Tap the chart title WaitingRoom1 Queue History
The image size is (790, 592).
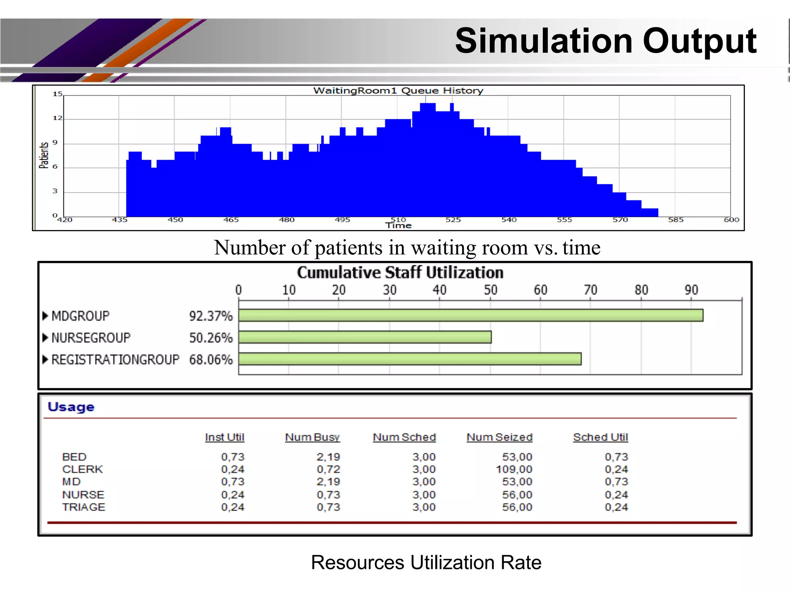398,91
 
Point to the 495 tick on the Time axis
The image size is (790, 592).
342,220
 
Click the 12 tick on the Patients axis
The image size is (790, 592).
57,118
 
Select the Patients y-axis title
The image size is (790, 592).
44,155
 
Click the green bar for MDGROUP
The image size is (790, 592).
471,315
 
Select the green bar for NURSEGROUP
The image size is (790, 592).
365,337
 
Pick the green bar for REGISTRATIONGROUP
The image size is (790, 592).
410,359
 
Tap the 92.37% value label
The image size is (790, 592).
211,316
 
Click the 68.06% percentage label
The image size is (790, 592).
211,360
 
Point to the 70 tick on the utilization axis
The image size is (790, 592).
590,290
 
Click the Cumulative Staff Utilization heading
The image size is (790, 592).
400,272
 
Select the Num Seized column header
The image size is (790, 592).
499,437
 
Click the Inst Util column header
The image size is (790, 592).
225,437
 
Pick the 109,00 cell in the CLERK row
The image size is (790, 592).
514,469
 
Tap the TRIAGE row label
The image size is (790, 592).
84,507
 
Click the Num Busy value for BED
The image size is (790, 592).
328,457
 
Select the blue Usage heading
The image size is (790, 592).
71,407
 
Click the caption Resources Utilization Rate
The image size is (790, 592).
426,562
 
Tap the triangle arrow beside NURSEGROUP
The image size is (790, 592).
45,338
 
